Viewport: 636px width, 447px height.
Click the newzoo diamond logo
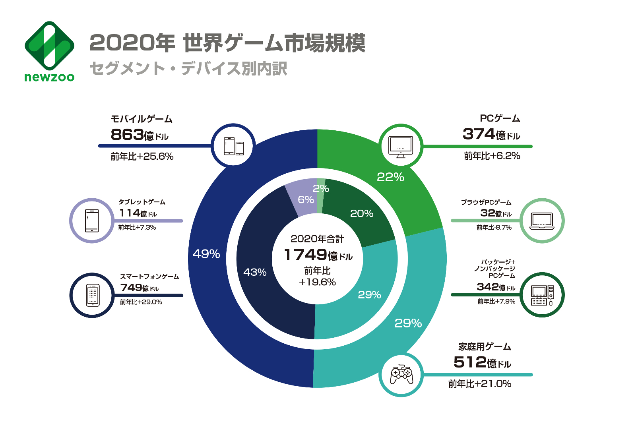pos(49,46)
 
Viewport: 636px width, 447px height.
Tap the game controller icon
pos(401,374)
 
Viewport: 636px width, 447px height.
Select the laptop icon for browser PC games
pos(542,221)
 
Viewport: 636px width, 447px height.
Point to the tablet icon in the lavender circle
pos(92,221)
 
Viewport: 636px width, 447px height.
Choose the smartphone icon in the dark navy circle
pos(93,295)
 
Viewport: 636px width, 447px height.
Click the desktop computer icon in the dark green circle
pos(542,295)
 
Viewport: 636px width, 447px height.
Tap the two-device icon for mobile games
pos(234,146)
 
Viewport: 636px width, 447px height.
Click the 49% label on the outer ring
pos(206,254)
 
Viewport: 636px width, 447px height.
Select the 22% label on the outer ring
pos(390,177)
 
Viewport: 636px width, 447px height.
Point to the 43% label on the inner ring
pos(255,272)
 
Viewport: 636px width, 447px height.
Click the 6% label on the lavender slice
pos(306,199)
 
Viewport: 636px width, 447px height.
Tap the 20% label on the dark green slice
pos(362,214)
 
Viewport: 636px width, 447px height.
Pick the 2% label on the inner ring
pos(321,188)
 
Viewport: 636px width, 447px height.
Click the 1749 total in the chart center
pos(305,255)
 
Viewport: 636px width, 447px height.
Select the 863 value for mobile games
pos(127,135)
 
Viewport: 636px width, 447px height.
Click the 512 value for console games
pos(470,362)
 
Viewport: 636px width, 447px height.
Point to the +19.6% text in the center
pos(317,283)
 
